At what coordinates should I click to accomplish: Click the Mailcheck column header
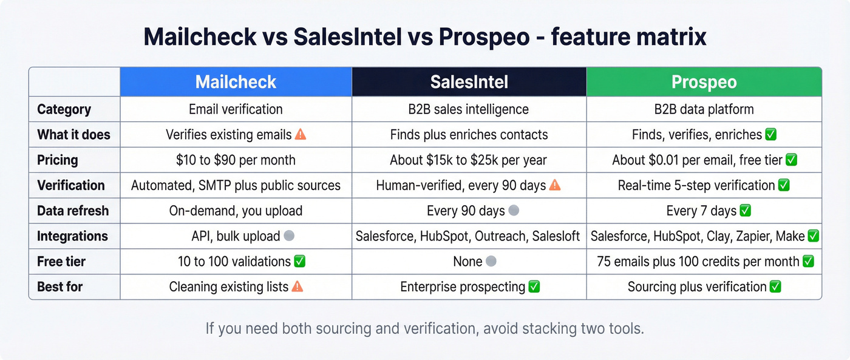(x=236, y=82)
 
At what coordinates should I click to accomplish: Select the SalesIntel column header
(x=469, y=82)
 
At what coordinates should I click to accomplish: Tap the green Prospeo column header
(x=704, y=82)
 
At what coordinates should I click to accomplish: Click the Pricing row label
(x=58, y=160)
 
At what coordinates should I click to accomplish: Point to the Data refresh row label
(x=73, y=211)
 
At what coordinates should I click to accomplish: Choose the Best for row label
(x=59, y=287)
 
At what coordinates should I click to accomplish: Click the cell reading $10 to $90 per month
(x=236, y=160)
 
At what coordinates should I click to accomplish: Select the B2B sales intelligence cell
(x=469, y=109)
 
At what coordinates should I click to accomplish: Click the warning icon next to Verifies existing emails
(x=301, y=135)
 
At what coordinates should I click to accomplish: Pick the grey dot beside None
(x=492, y=262)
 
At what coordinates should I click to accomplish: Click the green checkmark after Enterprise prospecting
(x=534, y=287)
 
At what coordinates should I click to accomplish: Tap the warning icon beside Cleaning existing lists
(x=297, y=287)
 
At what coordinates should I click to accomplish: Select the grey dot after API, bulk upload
(x=289, y=236)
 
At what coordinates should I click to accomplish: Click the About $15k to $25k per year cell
(x=469, y=160)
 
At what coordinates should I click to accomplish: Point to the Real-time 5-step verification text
(x=696, y=186)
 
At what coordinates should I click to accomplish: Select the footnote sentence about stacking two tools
(x=424, y=328)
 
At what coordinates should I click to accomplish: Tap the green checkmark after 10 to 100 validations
(x=299, y=262)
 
